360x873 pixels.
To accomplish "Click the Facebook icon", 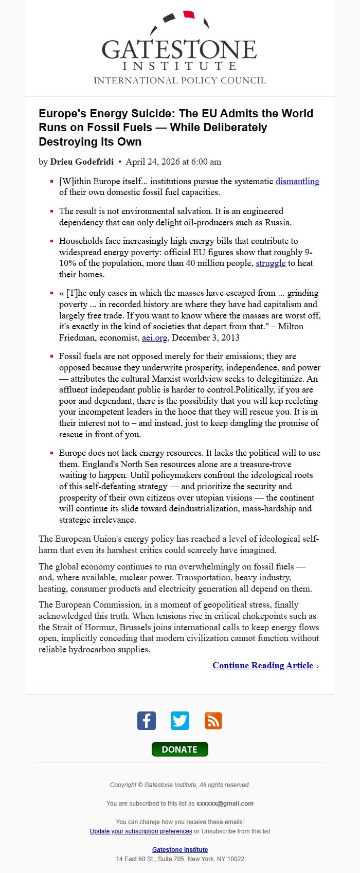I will click(x=147, y=720).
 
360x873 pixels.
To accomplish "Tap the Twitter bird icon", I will click(x=180, y=720).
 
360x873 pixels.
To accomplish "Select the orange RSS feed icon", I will click(x=213, y=720).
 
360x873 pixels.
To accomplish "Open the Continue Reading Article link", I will click(x=263, y=665).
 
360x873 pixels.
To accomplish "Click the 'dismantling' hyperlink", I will click(x=297, y=181).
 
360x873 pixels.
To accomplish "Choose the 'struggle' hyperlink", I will click(x=271, y=263).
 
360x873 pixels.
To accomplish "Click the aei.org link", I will click(x=154, y=337).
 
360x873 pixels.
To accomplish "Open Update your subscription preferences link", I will click(x=141, y=831).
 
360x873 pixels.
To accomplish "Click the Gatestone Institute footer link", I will click(x=180, y=849).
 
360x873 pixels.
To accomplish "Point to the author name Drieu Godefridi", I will click(x=82, y=162).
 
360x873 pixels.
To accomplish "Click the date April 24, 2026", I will click(x=173, y=162).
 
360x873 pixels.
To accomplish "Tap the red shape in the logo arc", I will click(x=189, y=14).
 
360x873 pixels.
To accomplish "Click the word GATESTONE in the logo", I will click(x=179, y=50).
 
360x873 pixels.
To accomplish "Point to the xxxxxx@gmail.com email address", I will click(x=225, y=803).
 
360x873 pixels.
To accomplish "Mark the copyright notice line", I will click(x=180, y=785).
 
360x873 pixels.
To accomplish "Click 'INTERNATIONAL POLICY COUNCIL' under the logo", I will click(x=179, y=80).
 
